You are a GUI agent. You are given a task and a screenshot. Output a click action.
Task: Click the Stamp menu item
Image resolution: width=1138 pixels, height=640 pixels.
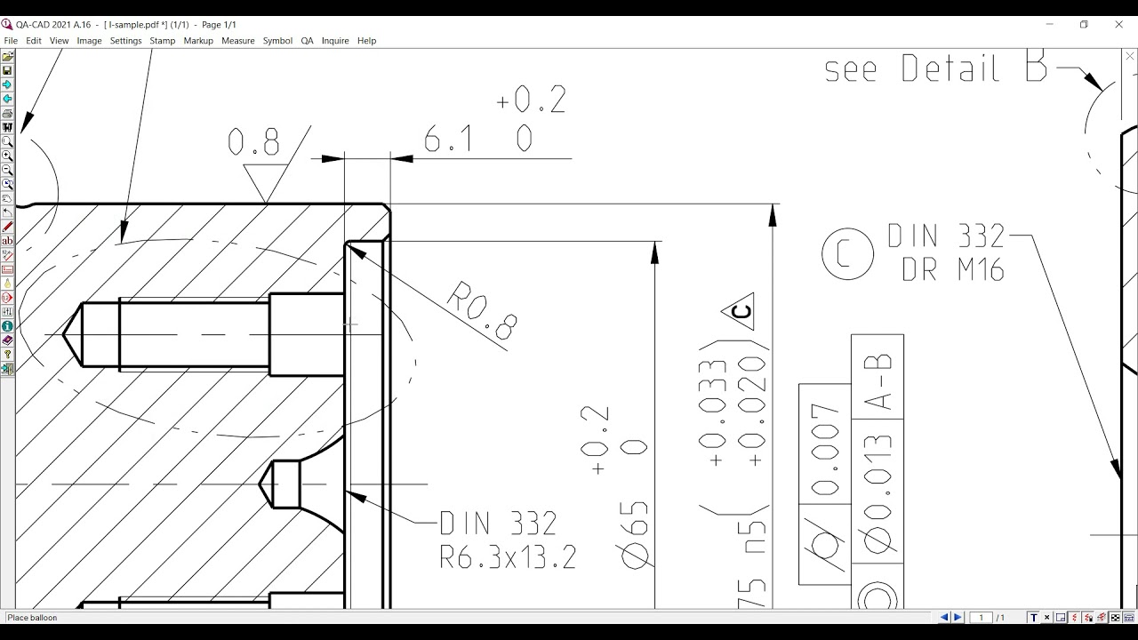point(162,41)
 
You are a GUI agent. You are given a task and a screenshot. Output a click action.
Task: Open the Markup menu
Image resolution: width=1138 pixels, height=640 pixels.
point(198,41)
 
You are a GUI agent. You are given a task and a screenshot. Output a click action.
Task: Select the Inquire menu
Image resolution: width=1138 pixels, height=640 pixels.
point(335,41)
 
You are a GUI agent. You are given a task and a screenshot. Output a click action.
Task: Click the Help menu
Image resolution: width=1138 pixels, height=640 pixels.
point(366,41)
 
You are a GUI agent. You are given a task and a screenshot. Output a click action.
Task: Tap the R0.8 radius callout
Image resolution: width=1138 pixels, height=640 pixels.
point(481,310)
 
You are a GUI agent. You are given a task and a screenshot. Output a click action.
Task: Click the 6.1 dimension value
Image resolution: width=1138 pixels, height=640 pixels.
point(448,140)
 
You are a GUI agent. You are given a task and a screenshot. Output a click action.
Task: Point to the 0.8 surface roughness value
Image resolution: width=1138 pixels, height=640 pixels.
point(253,142)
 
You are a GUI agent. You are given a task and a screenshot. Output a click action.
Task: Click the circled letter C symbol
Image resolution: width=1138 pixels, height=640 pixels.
point(847,254)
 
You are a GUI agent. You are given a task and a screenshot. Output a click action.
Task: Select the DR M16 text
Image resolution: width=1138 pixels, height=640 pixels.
point(952,269)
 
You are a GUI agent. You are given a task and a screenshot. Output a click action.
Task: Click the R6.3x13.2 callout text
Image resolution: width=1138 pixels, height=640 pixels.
point(508,557)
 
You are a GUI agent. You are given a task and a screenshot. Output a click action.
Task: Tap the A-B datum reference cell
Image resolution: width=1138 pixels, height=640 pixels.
point(878,383)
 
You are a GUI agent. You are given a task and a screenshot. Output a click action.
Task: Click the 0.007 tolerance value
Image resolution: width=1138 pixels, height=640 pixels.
point(825,448)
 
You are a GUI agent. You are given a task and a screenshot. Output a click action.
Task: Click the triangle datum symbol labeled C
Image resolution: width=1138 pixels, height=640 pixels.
point(740,311)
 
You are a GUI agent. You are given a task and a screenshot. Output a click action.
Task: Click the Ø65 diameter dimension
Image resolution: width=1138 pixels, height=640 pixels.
point(635,534)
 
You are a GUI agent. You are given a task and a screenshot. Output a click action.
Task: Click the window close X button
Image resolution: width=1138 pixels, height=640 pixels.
point(1118,24)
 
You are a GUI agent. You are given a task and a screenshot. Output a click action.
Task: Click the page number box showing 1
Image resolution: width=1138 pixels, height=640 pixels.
point(981,618)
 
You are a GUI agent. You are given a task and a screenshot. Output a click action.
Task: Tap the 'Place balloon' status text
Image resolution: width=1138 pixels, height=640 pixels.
point(32,618)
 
